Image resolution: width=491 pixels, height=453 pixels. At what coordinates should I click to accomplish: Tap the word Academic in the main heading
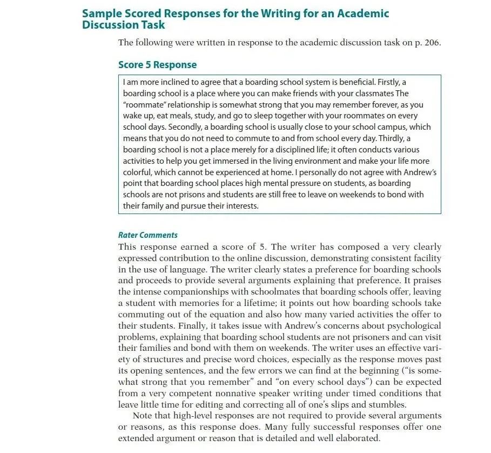click(x=362, y=14)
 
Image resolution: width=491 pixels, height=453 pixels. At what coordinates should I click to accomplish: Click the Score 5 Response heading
click(x=157, y=65)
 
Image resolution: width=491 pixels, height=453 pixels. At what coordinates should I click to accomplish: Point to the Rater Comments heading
click(x=147, y=235)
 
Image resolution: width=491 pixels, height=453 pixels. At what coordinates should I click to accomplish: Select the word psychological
click(x=415, y=325)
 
